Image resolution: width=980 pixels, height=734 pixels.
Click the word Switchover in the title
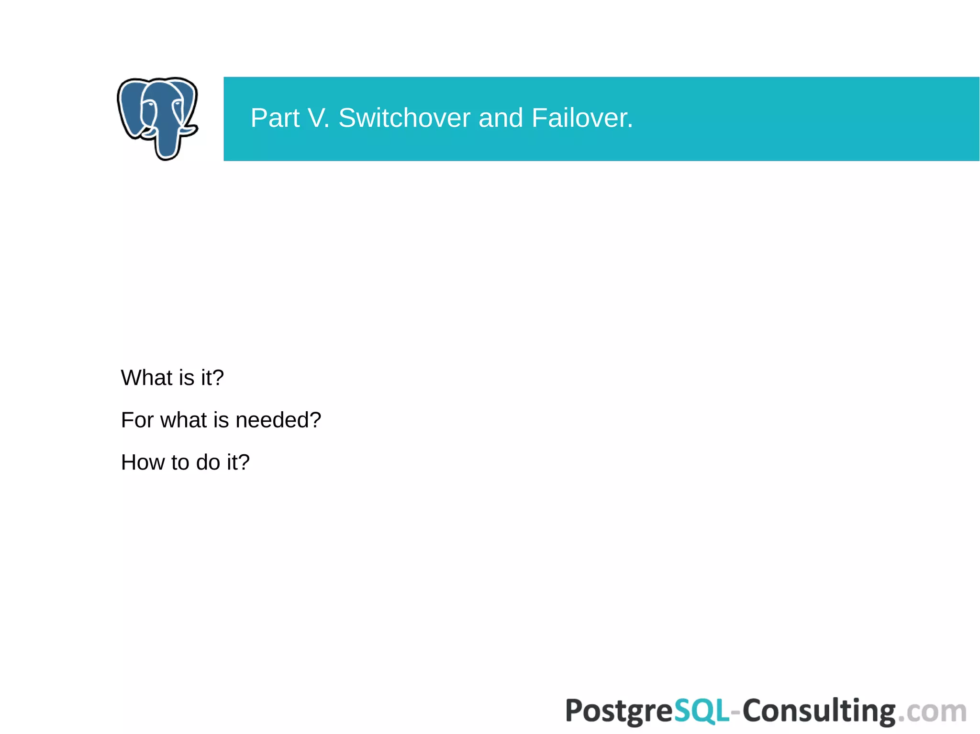click(404, 118)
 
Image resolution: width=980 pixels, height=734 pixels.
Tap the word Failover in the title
click(582, 118)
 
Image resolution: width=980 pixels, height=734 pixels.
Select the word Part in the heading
click(275, 118)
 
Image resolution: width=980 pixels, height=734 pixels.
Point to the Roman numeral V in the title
click(317, 118)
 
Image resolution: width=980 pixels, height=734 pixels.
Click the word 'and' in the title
click(501, 118)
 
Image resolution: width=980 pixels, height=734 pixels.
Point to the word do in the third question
click(208, 462)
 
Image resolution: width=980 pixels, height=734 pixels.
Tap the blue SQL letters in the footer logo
click(702, 711)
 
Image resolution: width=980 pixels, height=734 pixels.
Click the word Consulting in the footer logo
click(819, 711)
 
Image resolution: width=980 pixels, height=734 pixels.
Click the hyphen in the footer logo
click(736, 712)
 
